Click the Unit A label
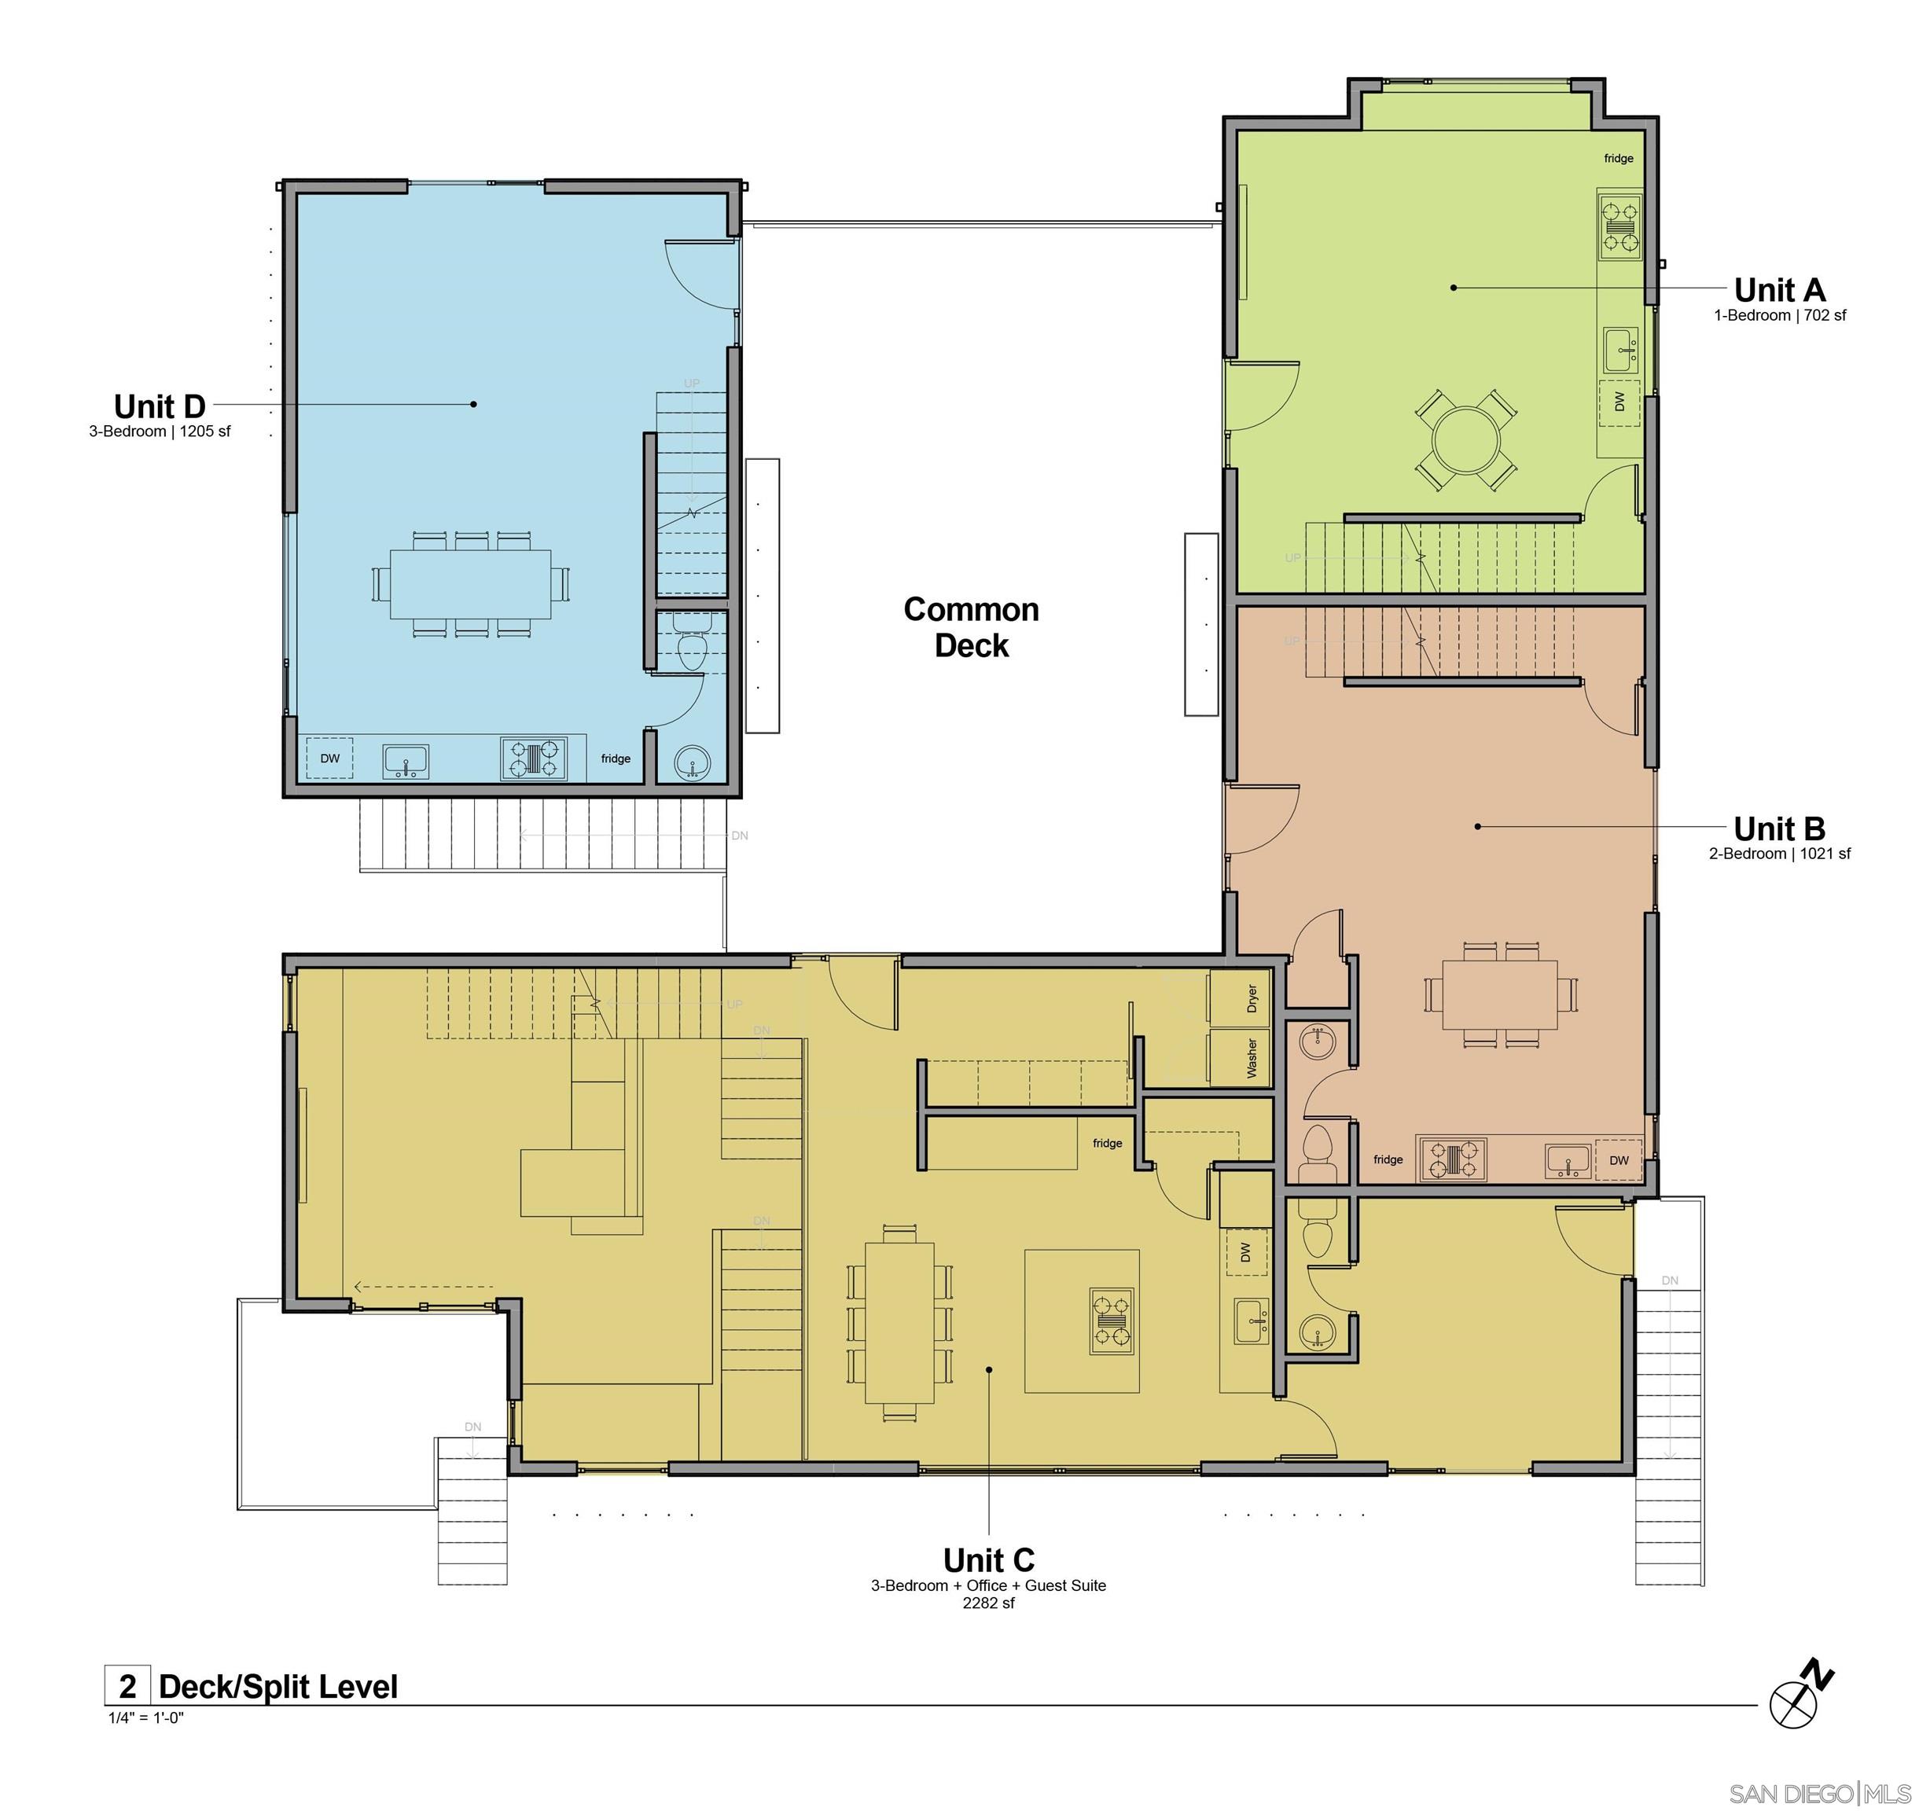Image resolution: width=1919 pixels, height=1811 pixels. pos(1778,289)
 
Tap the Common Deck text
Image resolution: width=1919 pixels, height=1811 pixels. pos(970,627)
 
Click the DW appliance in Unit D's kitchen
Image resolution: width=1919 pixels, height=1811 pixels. pos(330,758)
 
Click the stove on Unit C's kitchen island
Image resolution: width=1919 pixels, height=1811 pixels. pos(1111,1321)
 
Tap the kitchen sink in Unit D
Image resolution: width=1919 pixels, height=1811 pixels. pos(406,760)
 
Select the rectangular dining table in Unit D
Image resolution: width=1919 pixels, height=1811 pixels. pos(471,584)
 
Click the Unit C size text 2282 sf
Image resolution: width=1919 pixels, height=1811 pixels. pos(987,1603)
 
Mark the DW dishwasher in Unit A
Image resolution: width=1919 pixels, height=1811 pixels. pos(1619,402)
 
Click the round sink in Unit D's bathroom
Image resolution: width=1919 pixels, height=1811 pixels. pos(692,762)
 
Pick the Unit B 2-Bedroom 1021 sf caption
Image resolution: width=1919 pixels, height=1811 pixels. pos(1779,854)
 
